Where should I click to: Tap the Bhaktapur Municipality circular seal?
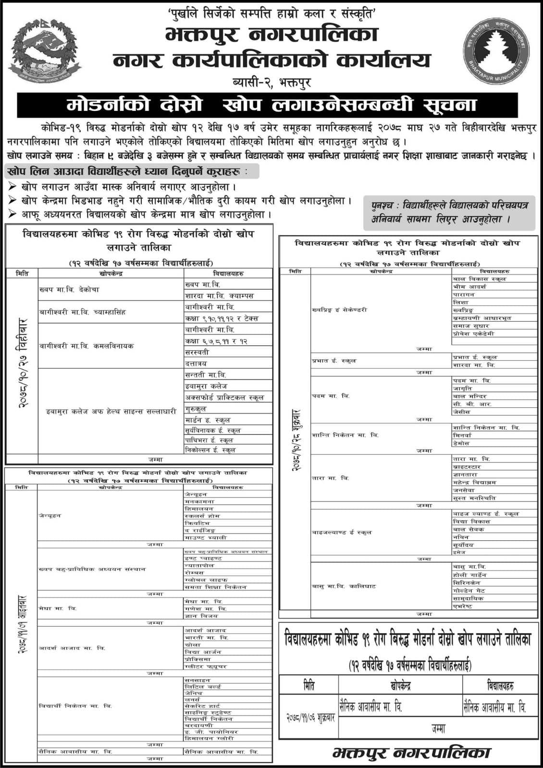click(x=496, y=51)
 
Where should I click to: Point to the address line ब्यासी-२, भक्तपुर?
click(x=271, y=82)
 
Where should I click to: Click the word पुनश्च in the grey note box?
click(x=386, y=205)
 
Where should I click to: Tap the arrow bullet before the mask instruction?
click(x=12, y=186)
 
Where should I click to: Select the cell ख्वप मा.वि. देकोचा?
click(x=70, y=290)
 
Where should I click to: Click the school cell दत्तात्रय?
click(x=197, y=363)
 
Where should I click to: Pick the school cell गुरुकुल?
click(x=196, y=409)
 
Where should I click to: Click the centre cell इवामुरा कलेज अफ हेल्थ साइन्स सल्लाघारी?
click(x=111, y=411)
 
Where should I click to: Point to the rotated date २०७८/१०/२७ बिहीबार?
click(x=22, y=365)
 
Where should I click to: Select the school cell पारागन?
click(x=464, y=294)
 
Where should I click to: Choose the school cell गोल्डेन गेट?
click(x=469, y=591)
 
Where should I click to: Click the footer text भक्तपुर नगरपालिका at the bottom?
click(x=411, y=753)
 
